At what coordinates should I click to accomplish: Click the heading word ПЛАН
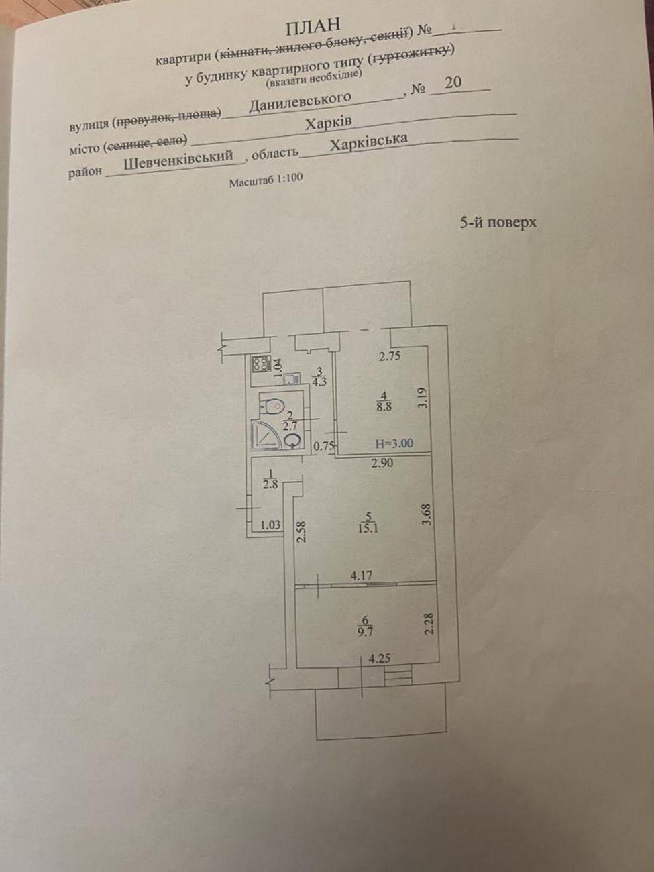click(313, 26)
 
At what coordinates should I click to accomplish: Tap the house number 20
click(453, 82)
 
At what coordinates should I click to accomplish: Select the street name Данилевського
click(300, 103)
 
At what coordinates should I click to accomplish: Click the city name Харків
click(328, 124)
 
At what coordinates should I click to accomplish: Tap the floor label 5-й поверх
click(498, 222)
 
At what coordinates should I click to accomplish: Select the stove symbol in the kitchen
click(260, 365)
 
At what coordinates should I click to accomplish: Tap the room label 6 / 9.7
click(365, 626)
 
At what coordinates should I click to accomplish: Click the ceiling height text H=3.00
click(394, 443)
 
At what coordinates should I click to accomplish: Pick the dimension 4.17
click(361, 575)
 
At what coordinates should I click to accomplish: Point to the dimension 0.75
click(325, 445)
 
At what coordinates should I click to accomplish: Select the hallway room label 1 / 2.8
click(270, 478)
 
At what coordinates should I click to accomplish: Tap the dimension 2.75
click(389, 356)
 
